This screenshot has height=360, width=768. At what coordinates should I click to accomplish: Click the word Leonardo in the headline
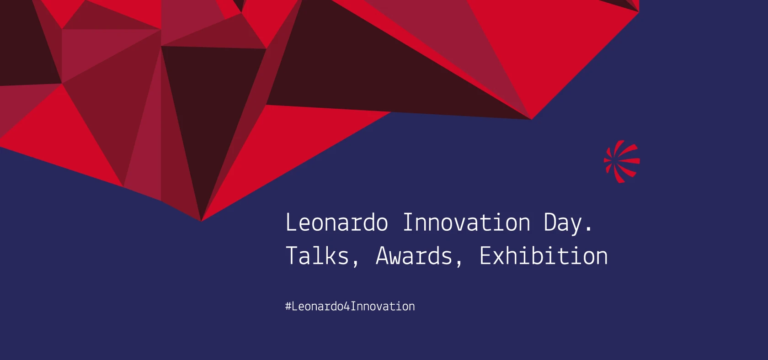click(336, 222)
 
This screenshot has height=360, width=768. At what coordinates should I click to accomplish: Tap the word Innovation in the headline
click(466, 222)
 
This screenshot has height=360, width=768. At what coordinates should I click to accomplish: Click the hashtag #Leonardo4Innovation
click(350, 306)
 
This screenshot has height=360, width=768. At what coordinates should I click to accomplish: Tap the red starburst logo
click(622, 161)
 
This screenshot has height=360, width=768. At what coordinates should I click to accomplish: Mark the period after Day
click(589, 229)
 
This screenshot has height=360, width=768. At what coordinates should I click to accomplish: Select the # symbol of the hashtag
click(288, 306)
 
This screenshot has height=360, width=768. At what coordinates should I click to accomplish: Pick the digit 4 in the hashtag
click(347, 306)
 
